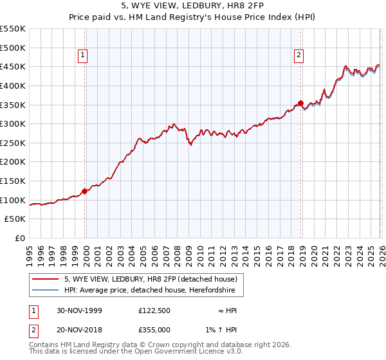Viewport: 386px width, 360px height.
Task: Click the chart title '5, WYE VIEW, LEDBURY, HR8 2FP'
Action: (192, 6)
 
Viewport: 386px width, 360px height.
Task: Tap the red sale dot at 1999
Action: (85, 191)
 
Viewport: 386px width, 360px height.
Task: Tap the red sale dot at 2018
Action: (300, 103)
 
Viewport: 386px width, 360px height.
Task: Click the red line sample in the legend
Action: (46, 279)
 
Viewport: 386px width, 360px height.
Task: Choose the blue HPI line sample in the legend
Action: (46, 291)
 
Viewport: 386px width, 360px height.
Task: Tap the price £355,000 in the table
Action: (154, 329)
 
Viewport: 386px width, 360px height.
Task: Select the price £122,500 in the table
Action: (154, 310)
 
